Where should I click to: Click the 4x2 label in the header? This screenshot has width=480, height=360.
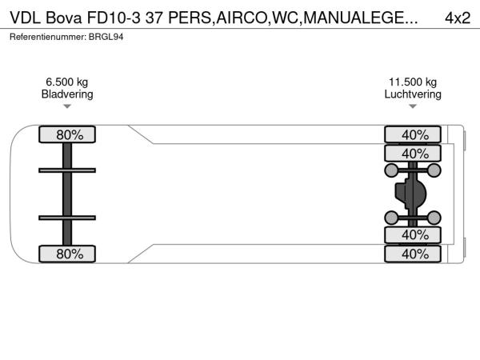click(458, 18)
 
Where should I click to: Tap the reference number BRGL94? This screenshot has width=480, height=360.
click(106, 37)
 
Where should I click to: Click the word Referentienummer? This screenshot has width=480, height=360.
click(48, 37)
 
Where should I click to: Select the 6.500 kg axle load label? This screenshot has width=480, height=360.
click(67, 82)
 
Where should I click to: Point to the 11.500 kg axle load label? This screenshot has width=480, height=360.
click(413, 82)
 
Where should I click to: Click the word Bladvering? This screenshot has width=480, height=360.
click(67, 94)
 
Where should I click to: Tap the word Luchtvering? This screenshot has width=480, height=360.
click(413, 94)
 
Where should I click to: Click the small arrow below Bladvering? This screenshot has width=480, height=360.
click(67, 106)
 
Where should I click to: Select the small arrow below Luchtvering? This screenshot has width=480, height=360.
click(413, 106)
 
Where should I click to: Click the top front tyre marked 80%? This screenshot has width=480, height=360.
click(67, 134)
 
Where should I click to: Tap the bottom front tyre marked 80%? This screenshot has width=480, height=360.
click(67, 254)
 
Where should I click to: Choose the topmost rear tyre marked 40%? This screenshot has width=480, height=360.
click(413, 134)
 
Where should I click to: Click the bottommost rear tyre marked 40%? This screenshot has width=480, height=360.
click(413, 254)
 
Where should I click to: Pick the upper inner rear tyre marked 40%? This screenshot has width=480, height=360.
click(413, 154)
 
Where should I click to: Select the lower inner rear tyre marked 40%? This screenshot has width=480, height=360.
click(413, 234)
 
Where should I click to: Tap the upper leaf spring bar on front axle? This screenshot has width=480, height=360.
click(67, 170)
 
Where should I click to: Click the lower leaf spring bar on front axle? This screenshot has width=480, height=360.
click(67, 218)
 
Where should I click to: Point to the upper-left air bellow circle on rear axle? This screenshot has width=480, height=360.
click(391, 170)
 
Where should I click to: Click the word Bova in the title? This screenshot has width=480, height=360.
click(64, 18)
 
